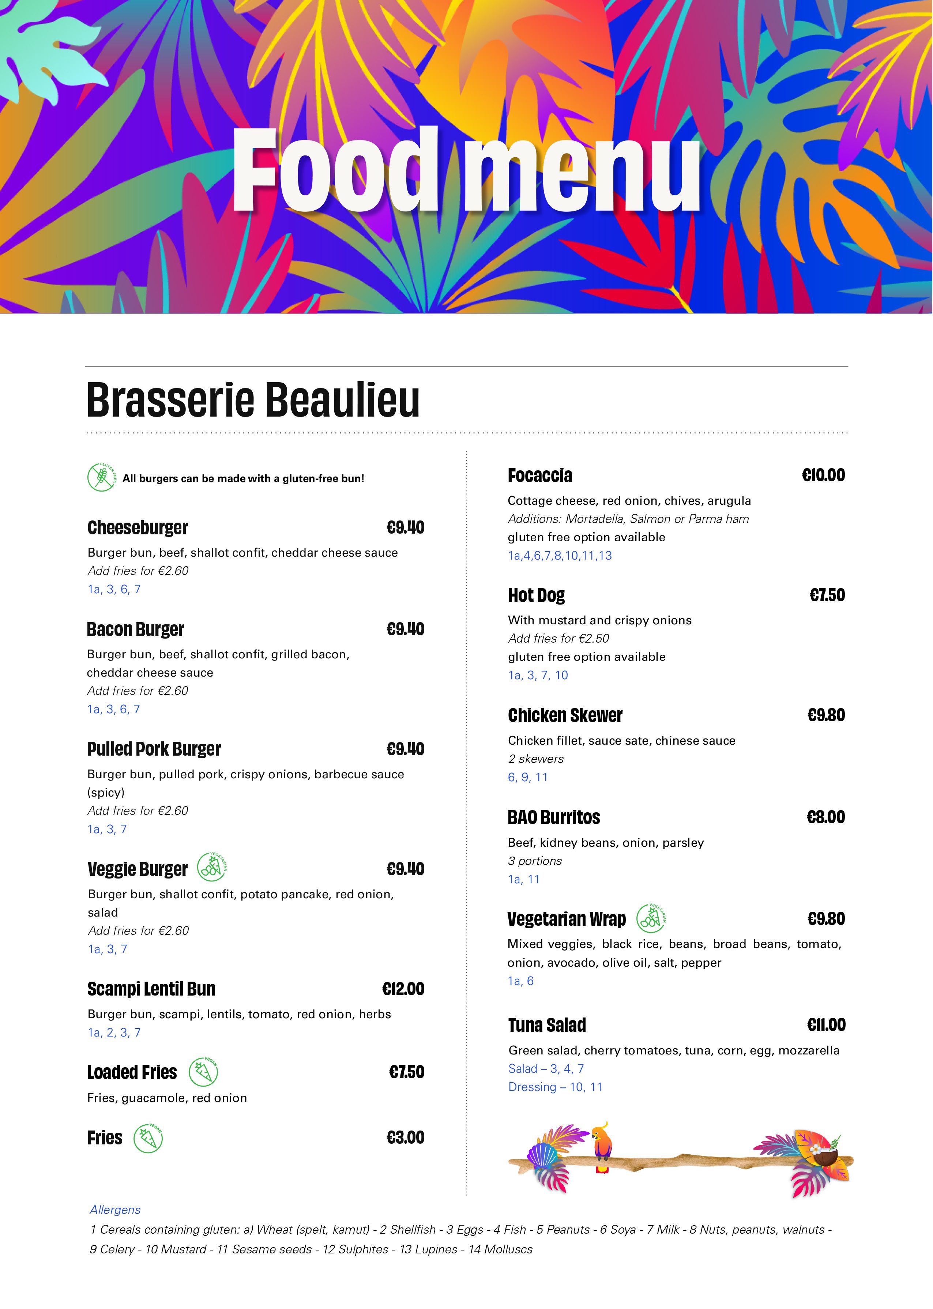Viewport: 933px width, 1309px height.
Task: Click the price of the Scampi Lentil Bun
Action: click(x=403, y=989)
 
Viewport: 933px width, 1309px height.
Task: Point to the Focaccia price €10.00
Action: click(x=823, y=475)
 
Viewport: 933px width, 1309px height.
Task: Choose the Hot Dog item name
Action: click(x=536, y=596)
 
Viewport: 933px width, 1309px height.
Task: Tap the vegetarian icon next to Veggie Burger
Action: click(x=212, y=867)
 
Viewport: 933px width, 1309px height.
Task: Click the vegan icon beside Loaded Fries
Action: click(x=203, y=1072)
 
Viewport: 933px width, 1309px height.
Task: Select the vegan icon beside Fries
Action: click(x=148, y=1138)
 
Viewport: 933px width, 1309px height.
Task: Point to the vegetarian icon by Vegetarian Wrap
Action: click(x=651, y=918)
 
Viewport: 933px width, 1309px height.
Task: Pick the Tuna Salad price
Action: click(x=826, y=1025)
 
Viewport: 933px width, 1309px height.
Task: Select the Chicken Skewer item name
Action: click(x=565, y=716)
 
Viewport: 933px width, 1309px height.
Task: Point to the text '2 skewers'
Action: click(x=535, y=759)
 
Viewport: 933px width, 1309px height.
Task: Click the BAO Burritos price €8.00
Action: click(x=825, y=817)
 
